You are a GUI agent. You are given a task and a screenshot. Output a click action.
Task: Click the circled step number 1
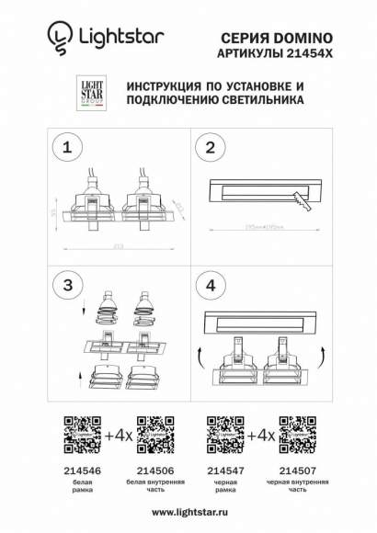coord(64,146)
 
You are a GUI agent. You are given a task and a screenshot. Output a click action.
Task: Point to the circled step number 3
coord(64,285)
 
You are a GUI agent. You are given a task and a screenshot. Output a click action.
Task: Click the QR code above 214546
coord(79,432)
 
